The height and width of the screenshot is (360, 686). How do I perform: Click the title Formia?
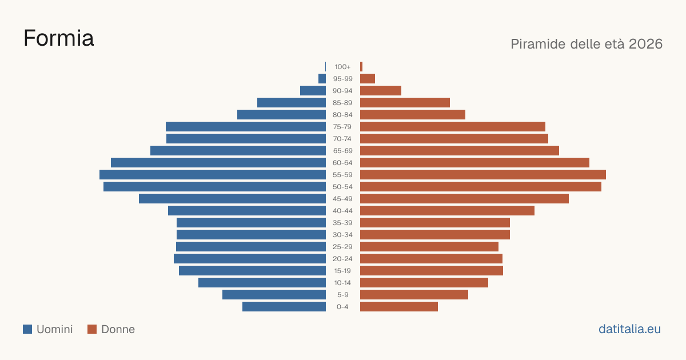58,38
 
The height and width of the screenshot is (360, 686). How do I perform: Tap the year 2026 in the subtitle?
645,44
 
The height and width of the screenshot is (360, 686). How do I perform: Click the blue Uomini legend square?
27,329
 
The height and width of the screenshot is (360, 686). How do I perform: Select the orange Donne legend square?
92,329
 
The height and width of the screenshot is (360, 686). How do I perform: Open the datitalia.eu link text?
629,329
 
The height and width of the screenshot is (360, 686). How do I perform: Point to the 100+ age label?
342,67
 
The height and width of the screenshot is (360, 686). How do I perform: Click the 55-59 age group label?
342,175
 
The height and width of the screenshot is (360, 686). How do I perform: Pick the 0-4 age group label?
342,307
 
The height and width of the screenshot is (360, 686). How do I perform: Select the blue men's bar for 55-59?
213,174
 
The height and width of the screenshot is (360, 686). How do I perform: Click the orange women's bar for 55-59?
483,174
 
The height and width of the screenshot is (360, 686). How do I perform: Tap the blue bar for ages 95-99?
322,79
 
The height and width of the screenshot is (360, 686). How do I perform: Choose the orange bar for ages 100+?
361,67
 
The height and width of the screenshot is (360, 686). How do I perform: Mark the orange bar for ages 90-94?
381,91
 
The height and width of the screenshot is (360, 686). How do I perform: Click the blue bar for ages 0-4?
284,307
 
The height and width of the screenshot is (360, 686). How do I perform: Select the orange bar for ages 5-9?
414,294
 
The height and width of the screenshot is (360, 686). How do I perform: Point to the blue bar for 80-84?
281,115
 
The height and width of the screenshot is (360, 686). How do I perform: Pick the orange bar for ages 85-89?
405,102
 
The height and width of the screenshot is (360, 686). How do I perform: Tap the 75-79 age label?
342,127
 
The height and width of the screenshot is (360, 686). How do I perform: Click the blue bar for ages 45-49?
233,199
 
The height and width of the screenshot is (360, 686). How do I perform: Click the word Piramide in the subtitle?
538,44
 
